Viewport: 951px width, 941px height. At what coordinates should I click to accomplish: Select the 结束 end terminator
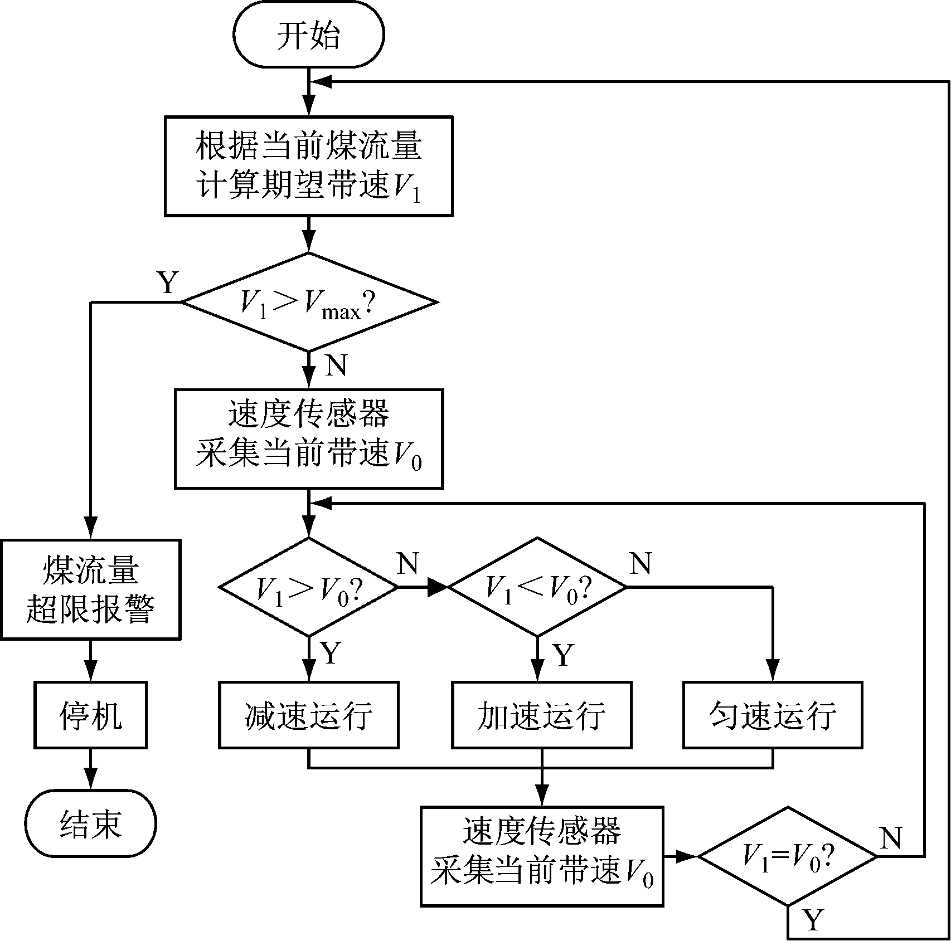click(90, 823)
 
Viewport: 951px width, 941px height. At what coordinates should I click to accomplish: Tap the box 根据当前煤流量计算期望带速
click(308, 165)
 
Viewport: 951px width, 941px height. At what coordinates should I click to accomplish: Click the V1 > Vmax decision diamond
click(309, 303)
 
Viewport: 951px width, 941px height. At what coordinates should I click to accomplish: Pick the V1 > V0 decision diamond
click(308, 587)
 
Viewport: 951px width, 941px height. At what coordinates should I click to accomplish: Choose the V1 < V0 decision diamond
click(537, 587)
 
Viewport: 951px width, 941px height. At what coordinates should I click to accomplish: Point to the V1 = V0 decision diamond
click(787, 856)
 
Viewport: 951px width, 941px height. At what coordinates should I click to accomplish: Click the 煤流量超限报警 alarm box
click(90, 589)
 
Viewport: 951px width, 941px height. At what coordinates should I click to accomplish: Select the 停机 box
click(90, 714)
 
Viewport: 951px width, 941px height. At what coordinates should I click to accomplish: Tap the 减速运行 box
click(308, 714)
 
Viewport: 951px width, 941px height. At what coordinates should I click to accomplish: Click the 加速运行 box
click(541, 714)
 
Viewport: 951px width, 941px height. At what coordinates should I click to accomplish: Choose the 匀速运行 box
click(773, 714)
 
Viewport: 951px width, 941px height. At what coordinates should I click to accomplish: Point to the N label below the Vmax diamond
click(335, 366)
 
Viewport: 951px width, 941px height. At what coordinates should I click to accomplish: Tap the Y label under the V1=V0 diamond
click(812, 920)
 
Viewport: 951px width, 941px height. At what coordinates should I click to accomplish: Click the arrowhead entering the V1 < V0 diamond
click(439, 587)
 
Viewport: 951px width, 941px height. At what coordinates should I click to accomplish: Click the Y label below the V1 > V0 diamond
click(330, 652)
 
